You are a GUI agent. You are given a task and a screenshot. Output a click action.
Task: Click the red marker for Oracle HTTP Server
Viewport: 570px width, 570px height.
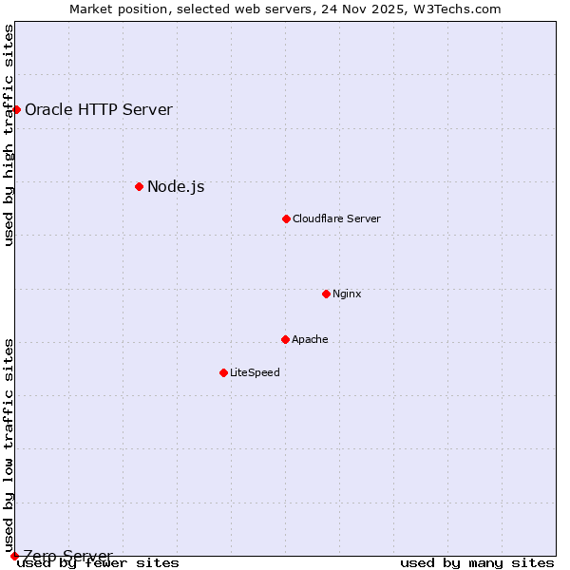pyautogui.click(x=16, y=110)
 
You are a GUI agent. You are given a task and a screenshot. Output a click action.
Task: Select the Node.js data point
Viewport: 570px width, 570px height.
pyautogui.click(x=139, y=186)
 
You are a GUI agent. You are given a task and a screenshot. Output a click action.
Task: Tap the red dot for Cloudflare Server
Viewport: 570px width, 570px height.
pyautogui.click(x=286, y=218)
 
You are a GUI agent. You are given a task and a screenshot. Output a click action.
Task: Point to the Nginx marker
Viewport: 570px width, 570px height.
pyautogui.click(x=326, y=294)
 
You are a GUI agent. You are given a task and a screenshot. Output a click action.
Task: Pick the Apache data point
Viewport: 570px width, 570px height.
pyautogui.click(x=285, y=339)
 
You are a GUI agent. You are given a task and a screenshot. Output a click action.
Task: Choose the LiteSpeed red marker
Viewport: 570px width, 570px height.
pyautogui.click(x=223, y=372)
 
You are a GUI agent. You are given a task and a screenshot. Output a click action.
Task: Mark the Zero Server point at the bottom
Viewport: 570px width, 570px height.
pyautogui.click(x=14, y=556)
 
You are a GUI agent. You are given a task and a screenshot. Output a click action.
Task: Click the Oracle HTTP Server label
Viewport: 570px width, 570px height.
pyautogui.click(x=99, y=109)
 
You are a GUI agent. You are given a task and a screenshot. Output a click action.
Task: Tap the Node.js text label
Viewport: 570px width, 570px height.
pyautogui.click(x=176, y=186)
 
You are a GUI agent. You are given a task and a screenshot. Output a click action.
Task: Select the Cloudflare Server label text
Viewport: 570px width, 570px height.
pyautogui.click(x=336, y=218)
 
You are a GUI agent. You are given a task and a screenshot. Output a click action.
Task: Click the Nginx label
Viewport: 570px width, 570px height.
pyautogui.click(x=347, y=294)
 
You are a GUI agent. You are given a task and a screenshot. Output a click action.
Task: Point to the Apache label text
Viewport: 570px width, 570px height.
pyautogui.click(x=310, y=339)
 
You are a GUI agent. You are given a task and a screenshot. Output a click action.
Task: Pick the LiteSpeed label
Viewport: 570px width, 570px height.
pyautogui.click(x=255, y=372)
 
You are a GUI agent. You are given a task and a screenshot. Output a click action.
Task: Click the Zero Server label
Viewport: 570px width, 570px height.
pyautogui.click(x=67, y=556)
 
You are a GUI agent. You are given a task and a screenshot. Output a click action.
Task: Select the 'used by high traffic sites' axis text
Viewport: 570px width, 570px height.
pyautogui.click(x=9, y=135)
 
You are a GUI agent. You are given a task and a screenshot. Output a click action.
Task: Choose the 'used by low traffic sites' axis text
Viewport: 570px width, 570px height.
pyautogui.click(x=9, y=445)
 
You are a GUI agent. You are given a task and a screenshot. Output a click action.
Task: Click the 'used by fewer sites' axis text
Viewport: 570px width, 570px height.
pyautogui.click(x=98, y=563)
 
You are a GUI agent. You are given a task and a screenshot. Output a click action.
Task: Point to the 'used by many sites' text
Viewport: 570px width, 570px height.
pyautogui.click(x=477, y=563)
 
